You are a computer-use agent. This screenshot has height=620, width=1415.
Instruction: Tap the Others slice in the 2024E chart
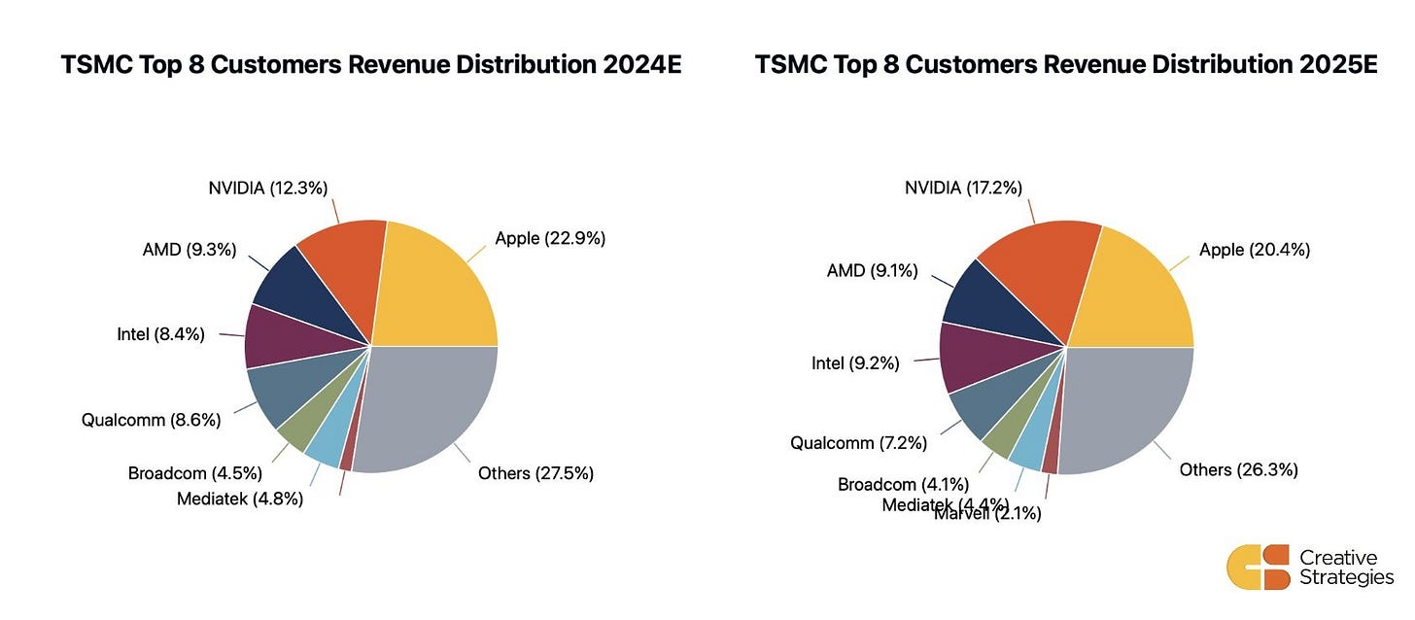pyautogui.click(x=428, y=408)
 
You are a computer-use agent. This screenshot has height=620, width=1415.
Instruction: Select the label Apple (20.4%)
pyautogui.click(x=1255, y=250)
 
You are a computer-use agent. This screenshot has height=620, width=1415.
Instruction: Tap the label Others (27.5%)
pyautogui.click(x=535, y=473)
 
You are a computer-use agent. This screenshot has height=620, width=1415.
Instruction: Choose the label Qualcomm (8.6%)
pyautogui.click(x=152, y=420)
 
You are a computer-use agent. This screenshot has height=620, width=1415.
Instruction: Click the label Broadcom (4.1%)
pyautogui.click(x=905, y=484)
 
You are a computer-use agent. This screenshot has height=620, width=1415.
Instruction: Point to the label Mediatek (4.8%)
pyautogui.click(x=240, y=499)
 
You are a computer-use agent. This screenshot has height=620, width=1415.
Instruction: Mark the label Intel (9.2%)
pyautogui.click(x=855, y=363)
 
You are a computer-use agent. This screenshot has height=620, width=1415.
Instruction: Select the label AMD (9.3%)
pyautogui.click(x=189, y=250)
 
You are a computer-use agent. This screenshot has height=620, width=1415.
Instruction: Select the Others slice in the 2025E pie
pyautogui.click(x=1127, y=408)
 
